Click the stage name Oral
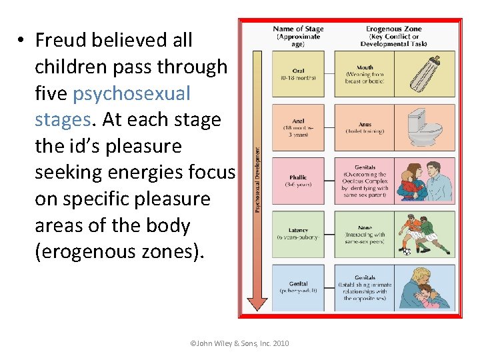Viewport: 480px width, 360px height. click(x=298, y=71)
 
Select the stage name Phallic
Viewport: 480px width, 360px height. click(x=297, y=177)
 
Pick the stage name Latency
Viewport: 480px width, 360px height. click(x=297, y=230)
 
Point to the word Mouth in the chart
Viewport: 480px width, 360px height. click(x=365, y=67)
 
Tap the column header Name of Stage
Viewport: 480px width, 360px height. click(x=298, y=29)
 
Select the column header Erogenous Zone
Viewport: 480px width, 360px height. click(x=393, y=29)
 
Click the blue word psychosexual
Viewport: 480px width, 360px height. click(x=131, y=93)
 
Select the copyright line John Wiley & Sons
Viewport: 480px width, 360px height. click(x=239, y=343)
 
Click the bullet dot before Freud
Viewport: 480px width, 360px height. click(x=22, y=40)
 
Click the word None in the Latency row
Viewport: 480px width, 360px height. click(x=365, y=227)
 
